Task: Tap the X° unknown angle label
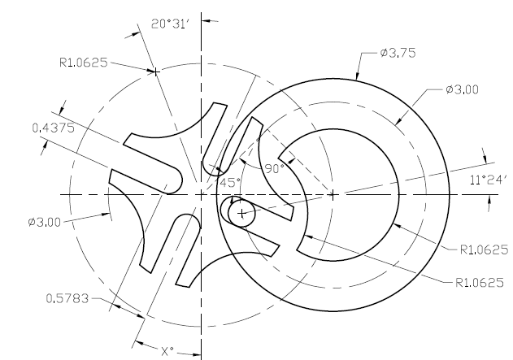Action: (167, 352)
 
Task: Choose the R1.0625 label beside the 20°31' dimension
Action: (85, 61)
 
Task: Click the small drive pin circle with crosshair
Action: (241, 213)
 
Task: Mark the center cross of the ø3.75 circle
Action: (333, 194)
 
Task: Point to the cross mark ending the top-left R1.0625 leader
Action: (157, 72)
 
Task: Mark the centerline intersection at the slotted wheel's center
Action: (201, 194)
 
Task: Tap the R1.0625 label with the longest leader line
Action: (480, 282)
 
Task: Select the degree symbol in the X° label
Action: (172, 349)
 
